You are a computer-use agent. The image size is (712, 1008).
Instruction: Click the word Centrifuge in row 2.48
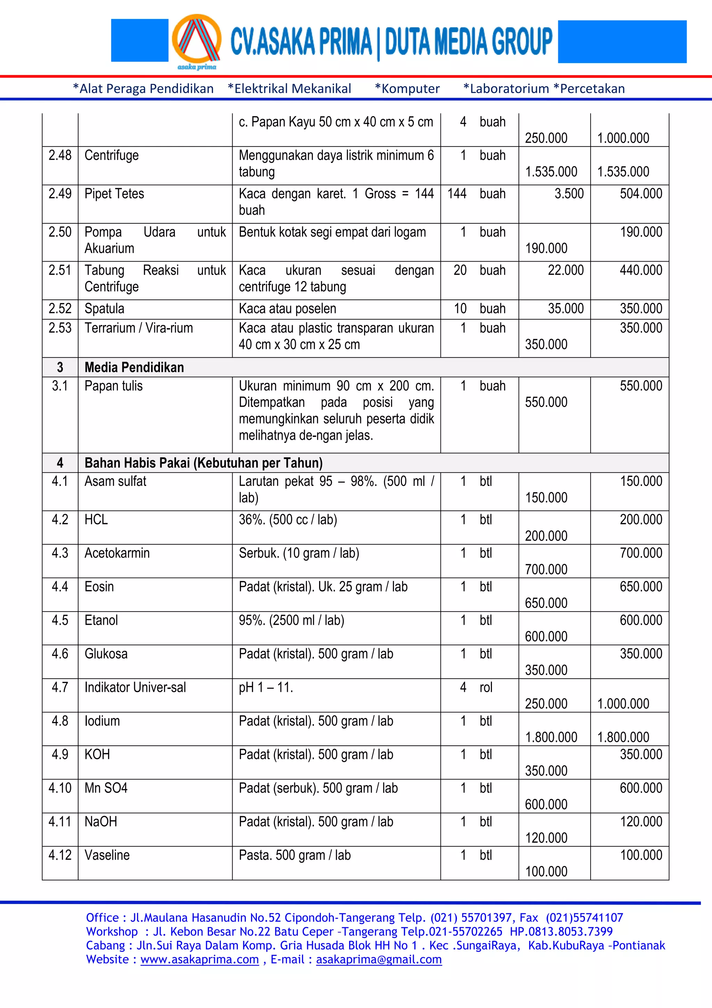point(112,155)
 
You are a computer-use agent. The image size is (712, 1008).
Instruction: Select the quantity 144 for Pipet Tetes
point(457,194)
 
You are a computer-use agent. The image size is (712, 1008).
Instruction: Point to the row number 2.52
point(60,309)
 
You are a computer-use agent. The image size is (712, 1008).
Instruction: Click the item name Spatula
point(104,309)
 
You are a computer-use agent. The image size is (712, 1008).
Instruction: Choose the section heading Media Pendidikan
point(134,367)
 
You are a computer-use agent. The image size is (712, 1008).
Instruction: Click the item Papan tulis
point(114,386)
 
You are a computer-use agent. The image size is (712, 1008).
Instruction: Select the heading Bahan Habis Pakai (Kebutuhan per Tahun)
point(204,463)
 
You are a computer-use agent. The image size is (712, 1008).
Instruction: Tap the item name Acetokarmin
point(117,553)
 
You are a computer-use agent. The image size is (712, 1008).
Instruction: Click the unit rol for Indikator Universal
point(486,688)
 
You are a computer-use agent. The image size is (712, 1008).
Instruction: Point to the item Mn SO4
point(106,788)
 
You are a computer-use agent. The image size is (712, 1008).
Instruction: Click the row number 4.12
point(60,855)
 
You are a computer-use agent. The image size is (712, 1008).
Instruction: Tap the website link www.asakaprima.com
point(200,960)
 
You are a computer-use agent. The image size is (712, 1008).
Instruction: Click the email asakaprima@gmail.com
point(379,960)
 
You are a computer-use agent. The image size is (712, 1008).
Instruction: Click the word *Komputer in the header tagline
point(407,89)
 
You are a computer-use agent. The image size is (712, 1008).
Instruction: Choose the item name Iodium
point(102,721)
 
